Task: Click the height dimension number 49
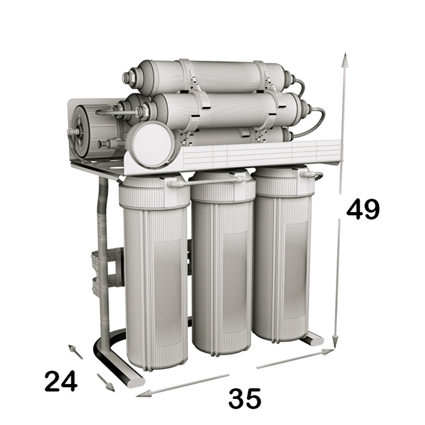point(363,209)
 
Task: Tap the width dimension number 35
point(245,398)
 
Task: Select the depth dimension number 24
point(61,381)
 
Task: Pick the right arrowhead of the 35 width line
point(327,352)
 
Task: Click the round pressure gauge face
point(151,145)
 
